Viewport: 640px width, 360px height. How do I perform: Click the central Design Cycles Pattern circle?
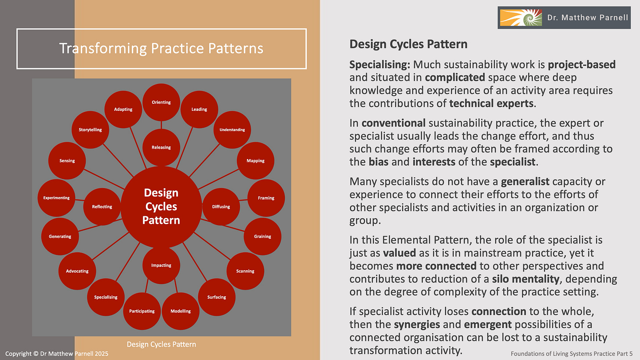(x=161, y=207)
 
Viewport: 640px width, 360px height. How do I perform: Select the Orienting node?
(x=161, y=102)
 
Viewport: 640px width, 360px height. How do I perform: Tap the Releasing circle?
(x=161, y=147)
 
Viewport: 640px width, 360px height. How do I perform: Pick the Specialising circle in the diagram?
(x=106, y=297)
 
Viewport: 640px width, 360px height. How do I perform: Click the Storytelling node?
(x=90, y=130)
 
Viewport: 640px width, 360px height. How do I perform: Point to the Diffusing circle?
(x=221, y=207)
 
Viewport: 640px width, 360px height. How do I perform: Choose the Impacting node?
(x=161, y=265)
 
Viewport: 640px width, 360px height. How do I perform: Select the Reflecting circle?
(x=102, y=207)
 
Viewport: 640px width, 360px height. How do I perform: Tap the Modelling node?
(x=181, y=311)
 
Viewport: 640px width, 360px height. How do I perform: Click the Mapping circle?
(x=255, y=161)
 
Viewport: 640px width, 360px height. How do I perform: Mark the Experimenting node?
(x=56, y=198)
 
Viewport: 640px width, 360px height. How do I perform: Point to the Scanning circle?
(x=245, y=271)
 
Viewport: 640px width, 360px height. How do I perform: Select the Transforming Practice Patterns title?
(x=161, y=48)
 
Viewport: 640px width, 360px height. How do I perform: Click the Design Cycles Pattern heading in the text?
(x=408, y=44)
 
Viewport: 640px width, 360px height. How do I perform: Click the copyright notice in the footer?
(x=57, y=353)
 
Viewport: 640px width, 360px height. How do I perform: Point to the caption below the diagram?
(x=161, y=344)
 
